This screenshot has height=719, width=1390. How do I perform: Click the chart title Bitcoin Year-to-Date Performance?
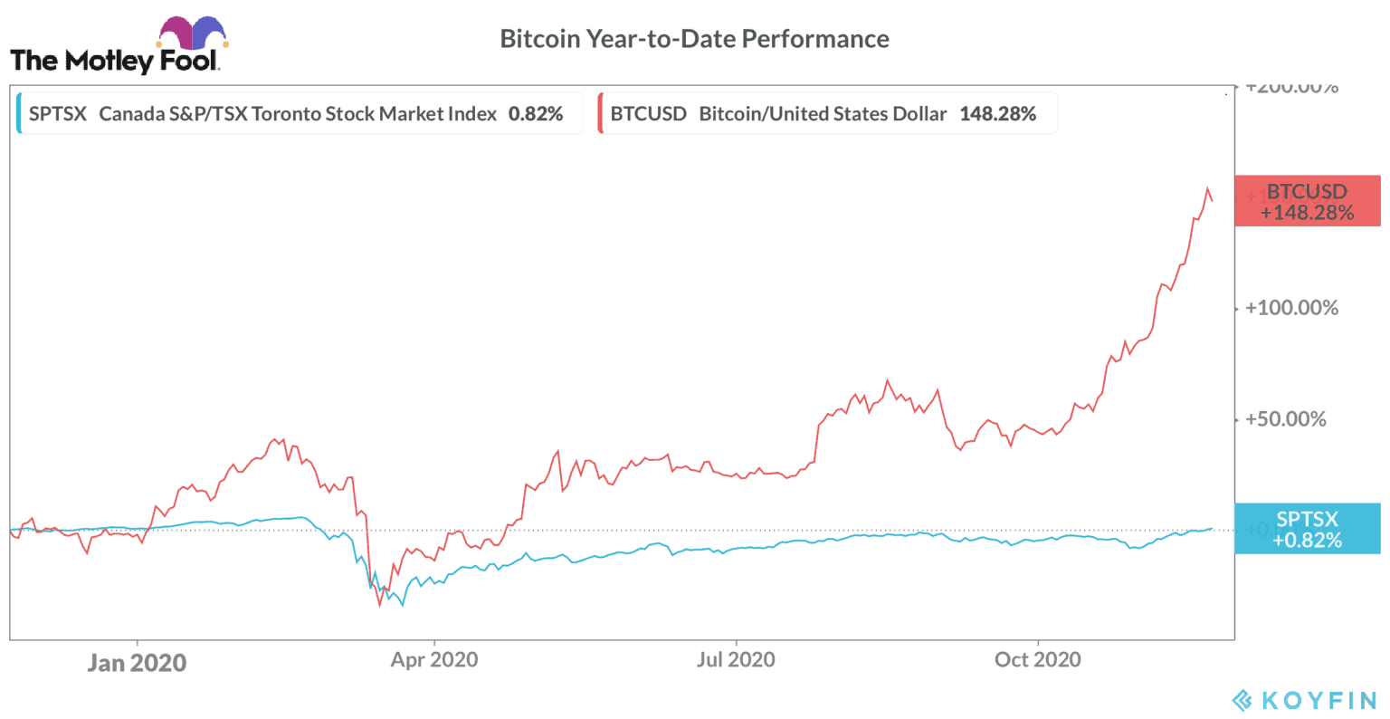pos(694,39)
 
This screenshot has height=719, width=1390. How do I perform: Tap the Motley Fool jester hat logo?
pos(193,34)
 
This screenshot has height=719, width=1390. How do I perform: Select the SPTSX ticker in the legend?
pos(58,114)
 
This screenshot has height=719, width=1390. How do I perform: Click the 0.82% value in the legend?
pos(536,114)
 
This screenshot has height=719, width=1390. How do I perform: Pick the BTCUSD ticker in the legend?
pos(648,114)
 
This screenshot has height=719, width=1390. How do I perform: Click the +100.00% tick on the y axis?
pos(1291,308)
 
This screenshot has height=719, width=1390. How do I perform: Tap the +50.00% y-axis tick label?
pos(1285,419)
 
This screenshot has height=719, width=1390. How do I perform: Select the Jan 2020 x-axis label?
pos(137,662)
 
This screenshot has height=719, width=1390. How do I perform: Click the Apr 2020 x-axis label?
pos(434,659)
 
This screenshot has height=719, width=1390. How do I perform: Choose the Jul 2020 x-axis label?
pos(736,659)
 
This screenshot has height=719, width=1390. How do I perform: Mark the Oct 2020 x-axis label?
pos(1037,659)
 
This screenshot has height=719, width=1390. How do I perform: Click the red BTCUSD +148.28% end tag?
pos(1308,201)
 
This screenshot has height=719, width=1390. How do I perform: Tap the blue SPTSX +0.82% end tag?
pos(1308,529)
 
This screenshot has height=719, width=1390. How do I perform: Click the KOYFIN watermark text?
pos(1319,700)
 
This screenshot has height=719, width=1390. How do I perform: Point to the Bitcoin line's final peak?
pos(1207,188)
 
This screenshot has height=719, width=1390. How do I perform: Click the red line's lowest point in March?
pos(379,604)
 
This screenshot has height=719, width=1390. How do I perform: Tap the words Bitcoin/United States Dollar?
pos(823,114)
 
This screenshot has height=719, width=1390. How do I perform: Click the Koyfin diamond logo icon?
pos(1242,700)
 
